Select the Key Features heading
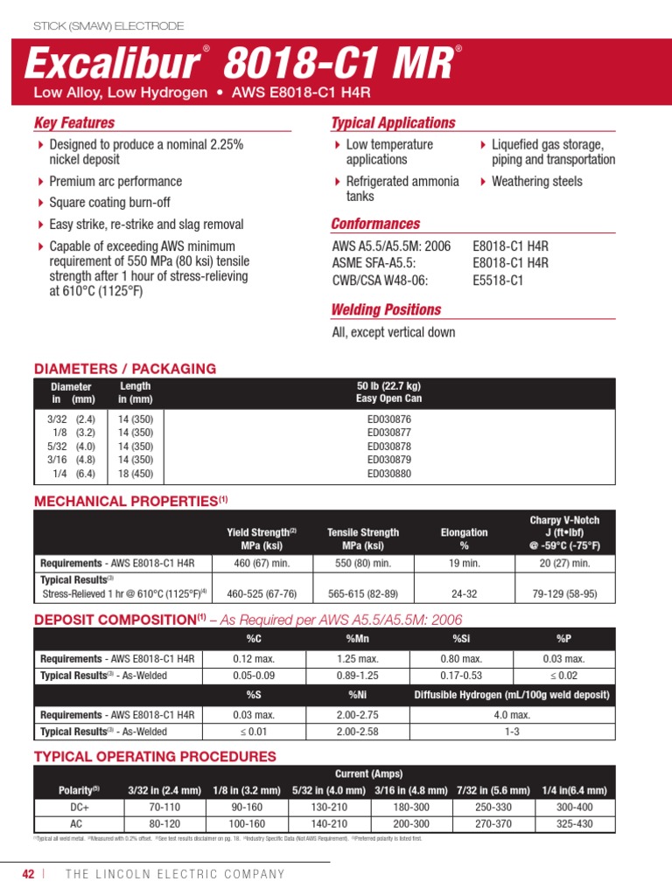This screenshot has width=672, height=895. coord(74,123)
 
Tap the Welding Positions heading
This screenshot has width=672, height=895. coord(386,309)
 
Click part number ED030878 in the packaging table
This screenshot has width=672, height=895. coord(389,447)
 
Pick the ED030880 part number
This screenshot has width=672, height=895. coord(389,475)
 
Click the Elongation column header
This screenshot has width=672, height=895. coord(464,538)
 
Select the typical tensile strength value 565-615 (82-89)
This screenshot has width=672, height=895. coord(363,594)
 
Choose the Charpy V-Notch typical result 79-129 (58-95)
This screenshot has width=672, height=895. coord(564,594)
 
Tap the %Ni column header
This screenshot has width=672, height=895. coord(358,695)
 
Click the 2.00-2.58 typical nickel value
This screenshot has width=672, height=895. coord(358,732)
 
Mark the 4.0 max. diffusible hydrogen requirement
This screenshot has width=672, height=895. coord(512,714)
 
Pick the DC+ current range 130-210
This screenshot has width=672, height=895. coord(328,808)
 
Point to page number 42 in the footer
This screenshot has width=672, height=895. coord(29,874)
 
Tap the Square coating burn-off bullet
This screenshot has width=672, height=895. coord(109,203)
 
